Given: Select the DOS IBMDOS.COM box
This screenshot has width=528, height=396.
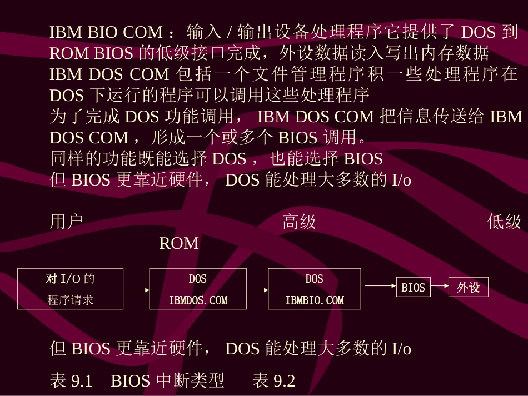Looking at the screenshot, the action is (x=197, y=289).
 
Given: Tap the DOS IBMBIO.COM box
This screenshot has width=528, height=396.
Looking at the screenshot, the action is (x=314, y=289).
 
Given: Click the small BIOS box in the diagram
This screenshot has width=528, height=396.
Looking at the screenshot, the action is (x=413, y=288).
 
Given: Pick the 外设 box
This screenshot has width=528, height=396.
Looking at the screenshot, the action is (x=468, y=288).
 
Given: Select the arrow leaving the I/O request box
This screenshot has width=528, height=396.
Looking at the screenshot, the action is (x=136, y=289).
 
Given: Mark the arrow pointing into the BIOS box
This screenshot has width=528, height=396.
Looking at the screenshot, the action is (x=380, y=286).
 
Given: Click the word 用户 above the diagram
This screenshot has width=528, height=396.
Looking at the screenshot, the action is (x=66, y=222).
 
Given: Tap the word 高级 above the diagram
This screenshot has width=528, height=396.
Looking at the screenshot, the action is (x=299, y=222).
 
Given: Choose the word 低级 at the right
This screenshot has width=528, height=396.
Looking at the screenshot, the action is (x=504, y=222).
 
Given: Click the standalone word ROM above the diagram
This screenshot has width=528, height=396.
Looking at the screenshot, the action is (x=178, y=243).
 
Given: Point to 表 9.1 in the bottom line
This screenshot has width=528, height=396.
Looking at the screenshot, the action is (x=71, y=380).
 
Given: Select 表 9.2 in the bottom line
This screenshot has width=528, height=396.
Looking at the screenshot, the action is (x=273, y=380).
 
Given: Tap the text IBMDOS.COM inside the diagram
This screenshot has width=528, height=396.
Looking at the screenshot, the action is (x=198, y=300).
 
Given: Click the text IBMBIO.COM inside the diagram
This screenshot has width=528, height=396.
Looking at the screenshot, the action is (x=315, y=300).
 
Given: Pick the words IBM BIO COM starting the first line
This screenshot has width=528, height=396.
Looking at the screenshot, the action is (x=106, y=32).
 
